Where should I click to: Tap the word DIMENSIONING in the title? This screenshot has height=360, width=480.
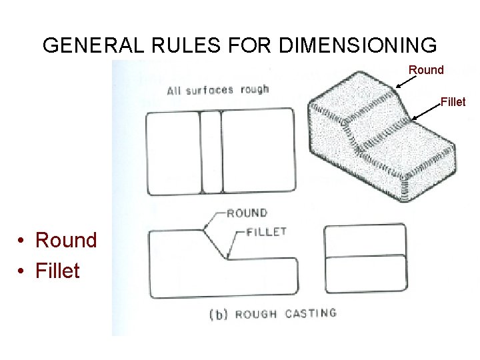358,45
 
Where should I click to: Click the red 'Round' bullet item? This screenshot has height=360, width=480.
66,239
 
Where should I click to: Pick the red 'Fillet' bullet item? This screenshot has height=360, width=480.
58,271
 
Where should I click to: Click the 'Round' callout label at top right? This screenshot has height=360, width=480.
426,70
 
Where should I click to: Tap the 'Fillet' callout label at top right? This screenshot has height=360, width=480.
453,102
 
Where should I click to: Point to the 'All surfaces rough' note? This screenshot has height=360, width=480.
217,89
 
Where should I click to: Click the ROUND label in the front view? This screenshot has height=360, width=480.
247,213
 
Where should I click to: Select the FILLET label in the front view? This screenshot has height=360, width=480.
266,232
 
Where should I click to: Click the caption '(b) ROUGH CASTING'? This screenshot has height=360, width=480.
273,313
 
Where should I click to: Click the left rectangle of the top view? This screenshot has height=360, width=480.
174,152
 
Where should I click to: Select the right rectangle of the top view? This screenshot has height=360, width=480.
257,152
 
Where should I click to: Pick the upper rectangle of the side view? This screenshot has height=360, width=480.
365,241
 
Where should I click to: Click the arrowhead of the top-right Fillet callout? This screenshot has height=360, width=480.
413,119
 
